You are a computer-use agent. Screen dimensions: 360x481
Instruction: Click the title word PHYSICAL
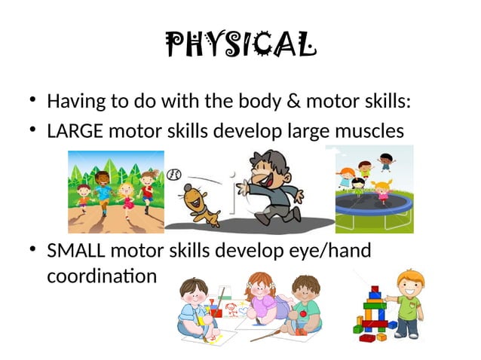point(240,46)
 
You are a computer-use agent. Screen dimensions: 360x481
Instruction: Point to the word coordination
point(102,276)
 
